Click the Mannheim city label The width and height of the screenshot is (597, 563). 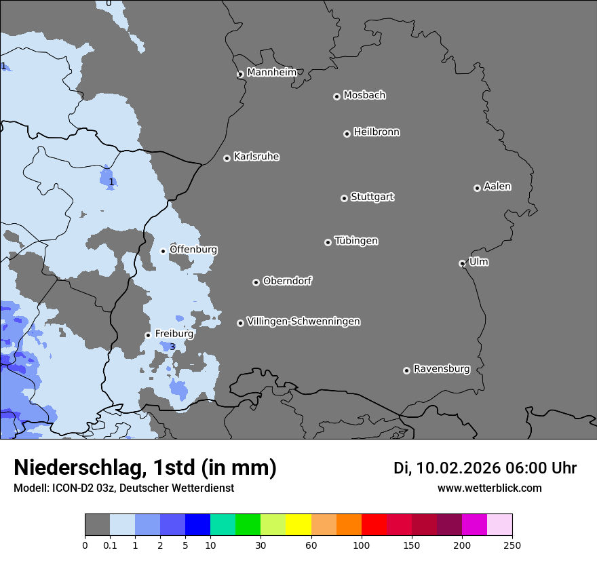(x=271, y=73)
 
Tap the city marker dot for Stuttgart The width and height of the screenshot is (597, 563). (x=344, y=198)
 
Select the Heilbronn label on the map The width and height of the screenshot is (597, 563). (x=377, y=132)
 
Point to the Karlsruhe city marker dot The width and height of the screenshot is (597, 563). (x=227, y=158)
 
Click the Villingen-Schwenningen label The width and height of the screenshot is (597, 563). (x=303, y=322)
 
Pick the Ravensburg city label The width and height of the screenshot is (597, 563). (x=442, y=369)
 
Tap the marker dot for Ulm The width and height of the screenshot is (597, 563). (x=462, y=263)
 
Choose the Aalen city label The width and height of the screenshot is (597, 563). (x=497, y=187)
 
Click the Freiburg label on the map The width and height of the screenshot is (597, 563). (x=174, y=334)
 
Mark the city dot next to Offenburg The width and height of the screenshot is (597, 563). (x=163, y=251)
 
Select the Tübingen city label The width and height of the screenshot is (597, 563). (x=356, y=241)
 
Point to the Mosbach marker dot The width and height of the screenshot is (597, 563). (x=336, y=96)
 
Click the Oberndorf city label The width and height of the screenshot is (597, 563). (x=288, y=281)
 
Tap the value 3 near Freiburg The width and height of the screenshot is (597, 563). (x=172, y=347)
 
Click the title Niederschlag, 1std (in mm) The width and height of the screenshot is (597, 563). (x=145, y=467)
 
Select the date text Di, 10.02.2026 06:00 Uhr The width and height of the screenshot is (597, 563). (x=485, y=468)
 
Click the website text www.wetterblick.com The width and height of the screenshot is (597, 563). (x=489, y=488)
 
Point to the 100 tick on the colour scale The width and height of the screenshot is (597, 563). (x=362, y=545)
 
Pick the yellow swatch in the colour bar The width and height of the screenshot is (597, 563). (x=298, y=525)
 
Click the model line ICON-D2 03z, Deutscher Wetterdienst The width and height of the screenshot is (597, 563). (x=123, y=488)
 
